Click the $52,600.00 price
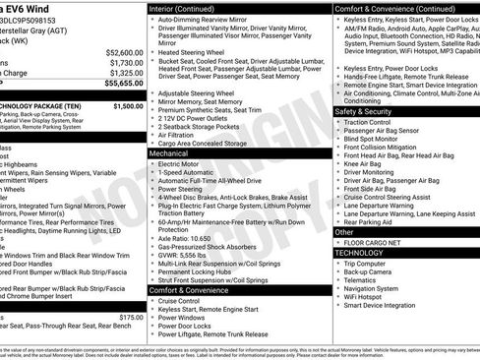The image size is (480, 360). click(x=123, y=52)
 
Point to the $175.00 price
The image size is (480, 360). click(x=131, y=318)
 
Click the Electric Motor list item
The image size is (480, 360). click(x=189, y=164)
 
